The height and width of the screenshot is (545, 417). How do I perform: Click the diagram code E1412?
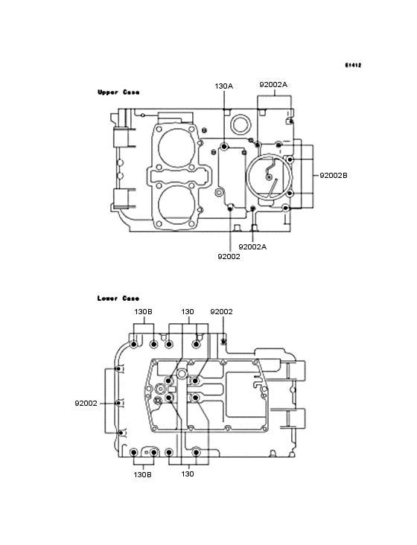click(x=353, y=65)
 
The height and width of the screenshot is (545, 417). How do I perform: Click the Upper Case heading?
click(x=118, y=92)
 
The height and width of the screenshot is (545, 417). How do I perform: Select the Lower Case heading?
click(x=118, y=299)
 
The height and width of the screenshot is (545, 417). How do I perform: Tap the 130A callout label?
click(x=224, y=86)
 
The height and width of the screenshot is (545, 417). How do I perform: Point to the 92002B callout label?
click(x=334, y=176)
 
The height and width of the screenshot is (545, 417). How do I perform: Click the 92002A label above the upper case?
click(x=273, y=84)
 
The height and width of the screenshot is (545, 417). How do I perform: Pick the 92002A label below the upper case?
click(x=252, y=246)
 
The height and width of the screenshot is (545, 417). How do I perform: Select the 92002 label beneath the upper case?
click(x=229, y=257)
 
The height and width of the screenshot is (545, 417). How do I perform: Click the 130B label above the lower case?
click(x=143, y=312)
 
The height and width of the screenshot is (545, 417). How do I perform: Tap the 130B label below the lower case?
click(x=142, y=474)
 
